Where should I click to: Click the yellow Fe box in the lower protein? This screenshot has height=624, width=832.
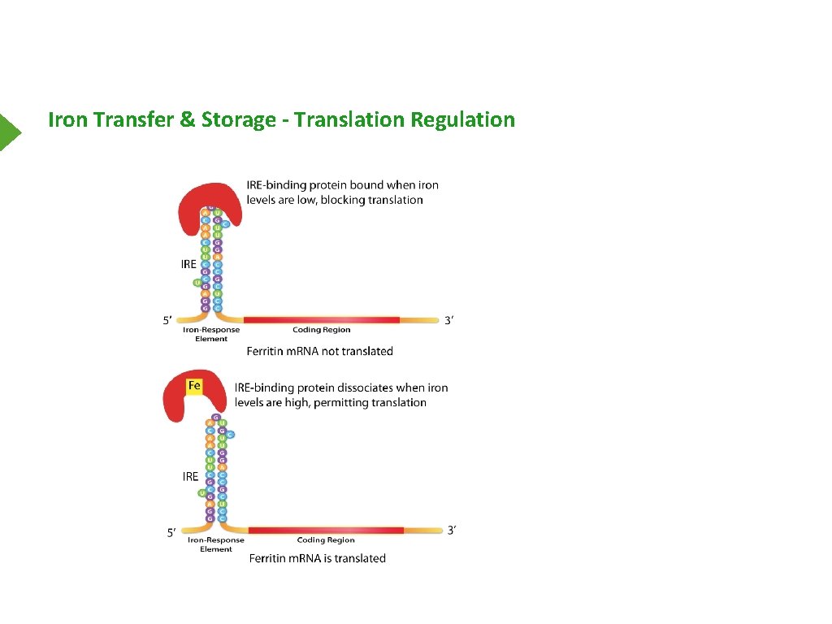(194, 384)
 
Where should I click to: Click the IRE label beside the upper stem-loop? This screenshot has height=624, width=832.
(188, 264)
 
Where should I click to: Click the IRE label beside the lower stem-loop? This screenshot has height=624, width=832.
(190, 476)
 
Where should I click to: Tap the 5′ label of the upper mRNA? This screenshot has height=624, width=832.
(167, 321)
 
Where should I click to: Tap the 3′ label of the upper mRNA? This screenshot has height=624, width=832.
(449, 320)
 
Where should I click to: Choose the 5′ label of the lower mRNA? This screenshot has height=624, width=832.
(171, 533)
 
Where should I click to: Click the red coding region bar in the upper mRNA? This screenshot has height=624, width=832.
(321, 320)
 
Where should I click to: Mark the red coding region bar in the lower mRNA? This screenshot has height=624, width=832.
(325, 531)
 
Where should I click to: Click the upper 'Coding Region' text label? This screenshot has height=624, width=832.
(321, 331)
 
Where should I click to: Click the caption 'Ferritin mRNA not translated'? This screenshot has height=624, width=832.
(320, 351)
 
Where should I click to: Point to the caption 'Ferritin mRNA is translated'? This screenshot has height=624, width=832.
(317, 558)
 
